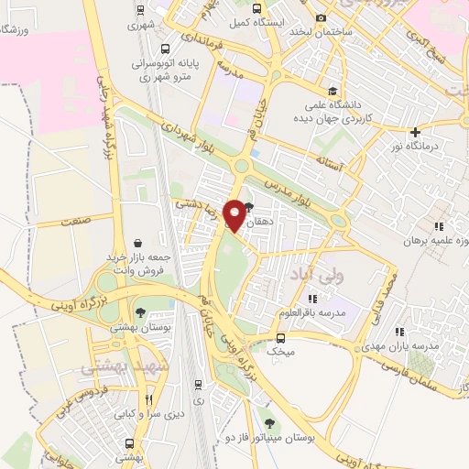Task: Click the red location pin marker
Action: coord(235,214)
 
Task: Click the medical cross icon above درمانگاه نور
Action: coord(416,133)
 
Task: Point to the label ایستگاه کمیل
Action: coord(284,19)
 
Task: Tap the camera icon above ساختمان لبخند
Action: coord(320,18)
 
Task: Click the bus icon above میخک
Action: coord(281,336)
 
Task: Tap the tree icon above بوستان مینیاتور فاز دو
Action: coord(268,422)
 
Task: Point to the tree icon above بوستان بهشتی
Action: coord(140,313)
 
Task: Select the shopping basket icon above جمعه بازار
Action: coord(137,244)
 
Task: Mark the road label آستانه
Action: coord(327,163)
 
